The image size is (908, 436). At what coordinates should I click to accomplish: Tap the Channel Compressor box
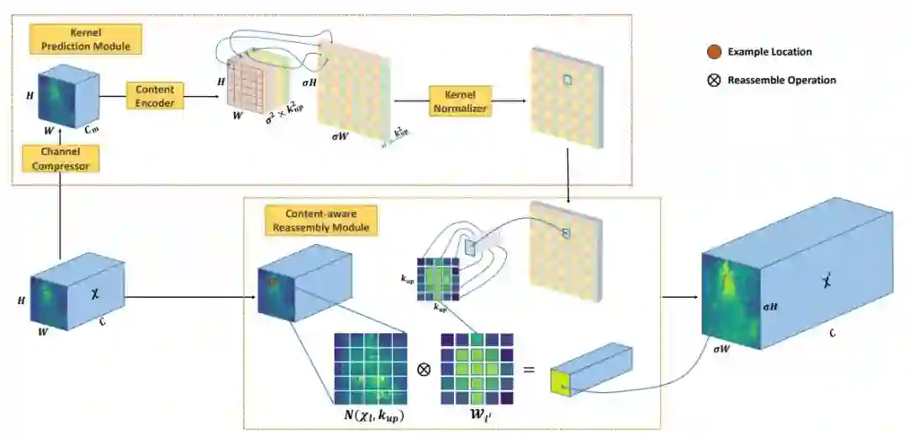pyautogui.click(x=60, y=159)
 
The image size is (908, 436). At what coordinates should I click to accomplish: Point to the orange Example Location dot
pyautogui.click(x=714, y=52)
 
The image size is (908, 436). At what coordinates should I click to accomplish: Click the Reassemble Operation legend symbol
pyautogui.click(x=714, y=80)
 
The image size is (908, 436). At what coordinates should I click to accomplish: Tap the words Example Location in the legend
pyautogui.click(x=769, y=52)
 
